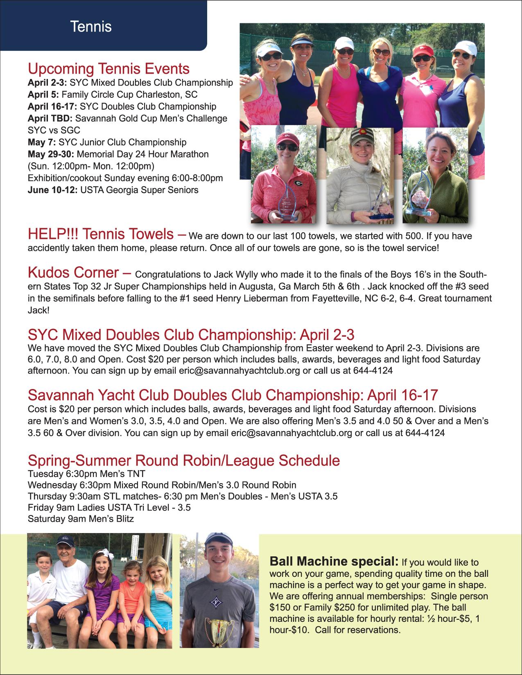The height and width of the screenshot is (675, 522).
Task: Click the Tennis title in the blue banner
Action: tap(91, 27)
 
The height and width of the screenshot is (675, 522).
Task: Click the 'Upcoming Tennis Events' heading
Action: tap(108, 68)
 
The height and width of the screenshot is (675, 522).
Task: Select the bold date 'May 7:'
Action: tap(42, 142)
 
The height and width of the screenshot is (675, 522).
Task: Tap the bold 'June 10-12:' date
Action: tap(52, 190)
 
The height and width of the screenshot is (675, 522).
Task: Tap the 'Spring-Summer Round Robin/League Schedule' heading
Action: tap(183, 461)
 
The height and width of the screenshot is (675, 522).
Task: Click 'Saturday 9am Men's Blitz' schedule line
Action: tap(81, 519)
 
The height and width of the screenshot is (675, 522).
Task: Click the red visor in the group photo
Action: tap(423, 52)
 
